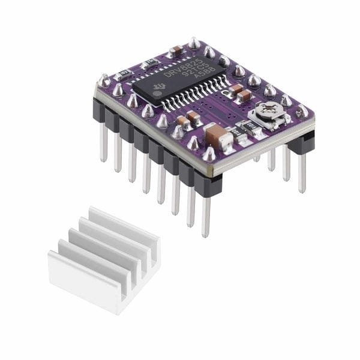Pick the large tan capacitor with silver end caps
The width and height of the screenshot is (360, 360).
[x=218, y=137]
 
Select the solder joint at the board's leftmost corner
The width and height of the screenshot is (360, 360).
[x=105, y=79]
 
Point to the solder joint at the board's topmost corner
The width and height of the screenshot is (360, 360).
[x=194, y=43]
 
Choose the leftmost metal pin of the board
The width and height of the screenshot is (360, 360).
[x=104, y=144]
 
